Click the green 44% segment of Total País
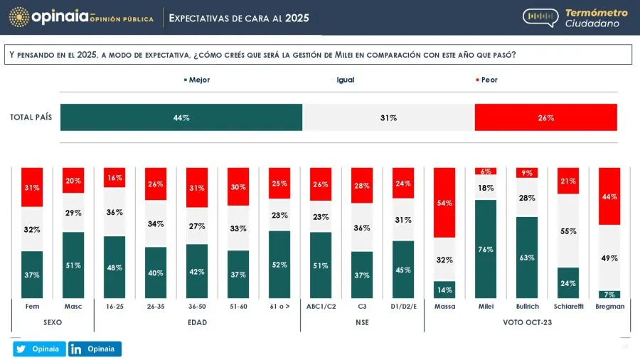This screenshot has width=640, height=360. click(181, 117)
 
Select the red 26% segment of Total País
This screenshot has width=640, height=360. click(545, 117)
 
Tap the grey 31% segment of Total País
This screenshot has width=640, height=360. click(388, 117)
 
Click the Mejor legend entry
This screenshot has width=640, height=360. click(197, 80)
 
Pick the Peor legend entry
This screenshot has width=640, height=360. click(486, 80)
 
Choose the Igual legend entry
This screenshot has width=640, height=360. click(346, 80)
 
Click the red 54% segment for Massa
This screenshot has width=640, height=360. click(445, 203)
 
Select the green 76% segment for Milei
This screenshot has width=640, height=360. click(486, 249)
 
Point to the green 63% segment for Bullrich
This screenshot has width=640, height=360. click(527, 258)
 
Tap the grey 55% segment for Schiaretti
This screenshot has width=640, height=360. click(568, 231)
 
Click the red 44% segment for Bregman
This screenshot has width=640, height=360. click(609, 196)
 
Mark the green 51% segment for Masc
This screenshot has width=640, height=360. click(73, 265)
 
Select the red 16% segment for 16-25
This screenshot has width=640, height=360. click(114, 177)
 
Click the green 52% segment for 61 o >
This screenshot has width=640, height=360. click(279, 264)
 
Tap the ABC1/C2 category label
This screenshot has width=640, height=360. click(321, 306)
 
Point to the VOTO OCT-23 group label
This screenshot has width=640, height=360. click(527, 322)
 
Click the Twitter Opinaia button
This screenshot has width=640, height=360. click(39, 349)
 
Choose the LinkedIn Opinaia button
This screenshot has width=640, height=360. click(95, 349)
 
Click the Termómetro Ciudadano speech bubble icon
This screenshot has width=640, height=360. click(540, 18)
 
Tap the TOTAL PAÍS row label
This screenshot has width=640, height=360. click(31, 117)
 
